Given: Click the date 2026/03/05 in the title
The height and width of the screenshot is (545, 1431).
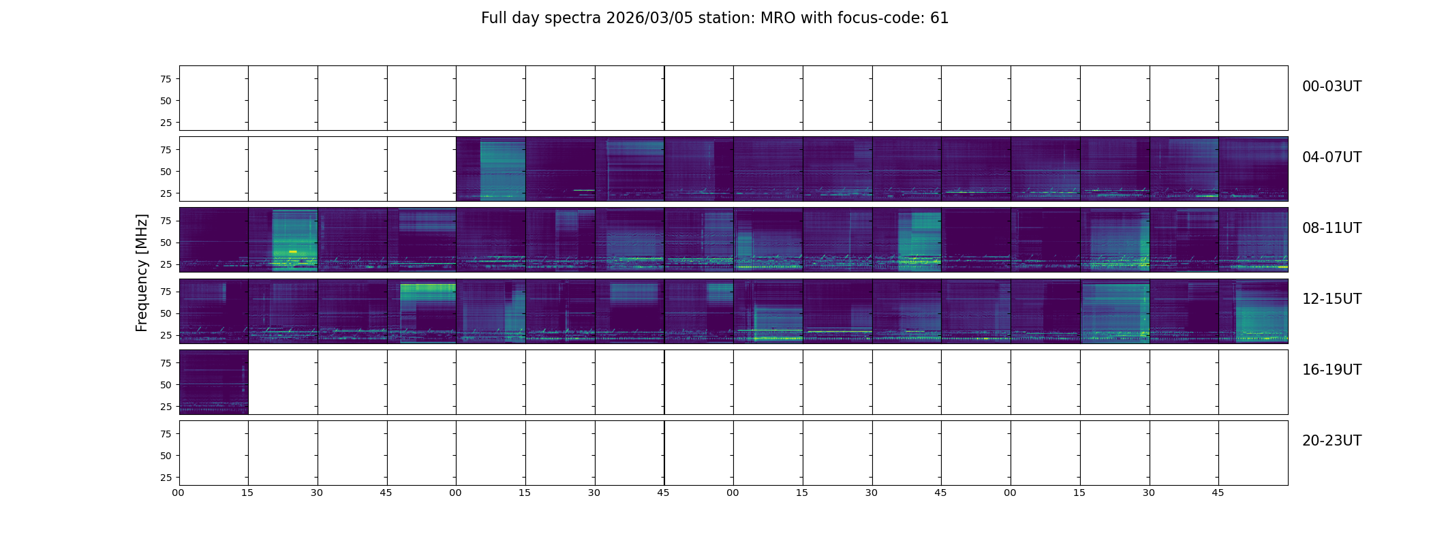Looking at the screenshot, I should click(649, 18).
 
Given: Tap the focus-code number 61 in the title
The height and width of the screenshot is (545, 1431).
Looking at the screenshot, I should click(939, 18).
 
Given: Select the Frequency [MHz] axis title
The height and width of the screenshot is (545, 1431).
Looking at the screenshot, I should click(142, 272).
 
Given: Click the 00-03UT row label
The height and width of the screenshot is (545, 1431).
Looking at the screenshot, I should click(1332, 87).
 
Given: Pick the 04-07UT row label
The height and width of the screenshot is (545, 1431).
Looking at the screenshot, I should click(1332, 157).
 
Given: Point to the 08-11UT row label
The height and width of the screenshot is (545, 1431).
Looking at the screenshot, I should click(1332, 228).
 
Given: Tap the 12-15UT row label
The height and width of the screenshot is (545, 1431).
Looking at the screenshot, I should click(1332, 299).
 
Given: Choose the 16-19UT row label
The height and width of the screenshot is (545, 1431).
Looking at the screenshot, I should click(1332, 370).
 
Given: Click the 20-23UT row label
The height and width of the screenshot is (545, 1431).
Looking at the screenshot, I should click(1332, 441).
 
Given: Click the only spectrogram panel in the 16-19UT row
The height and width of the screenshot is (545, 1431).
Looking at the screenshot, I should click(213, 381).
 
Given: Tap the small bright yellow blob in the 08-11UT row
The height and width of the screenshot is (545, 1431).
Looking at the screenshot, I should click(293, 251).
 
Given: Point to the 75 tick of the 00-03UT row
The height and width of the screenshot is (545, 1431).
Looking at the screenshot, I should click(166, 79).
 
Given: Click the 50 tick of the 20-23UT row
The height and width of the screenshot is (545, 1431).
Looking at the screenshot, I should click(166, 456).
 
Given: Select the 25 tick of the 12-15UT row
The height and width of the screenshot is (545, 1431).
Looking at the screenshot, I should click(166, 335).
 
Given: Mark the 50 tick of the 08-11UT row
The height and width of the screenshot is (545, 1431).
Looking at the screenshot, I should click(166, 243).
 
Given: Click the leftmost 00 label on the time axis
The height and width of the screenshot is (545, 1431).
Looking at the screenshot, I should click(179, 493).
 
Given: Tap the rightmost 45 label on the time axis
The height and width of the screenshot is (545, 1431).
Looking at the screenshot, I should click(1218, 493).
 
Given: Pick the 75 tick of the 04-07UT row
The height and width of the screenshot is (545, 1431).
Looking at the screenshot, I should click(166, 150).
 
